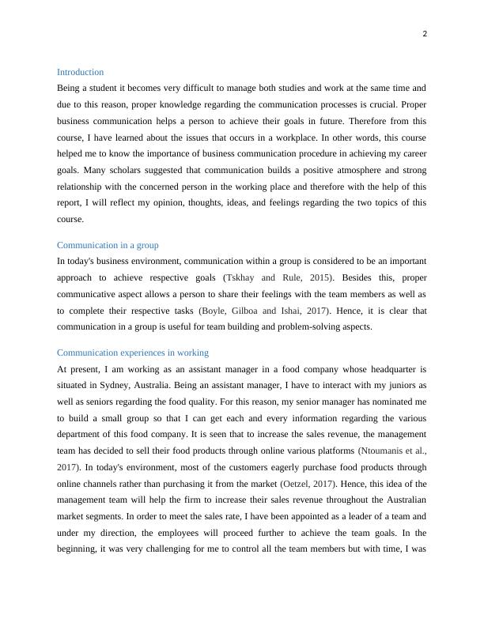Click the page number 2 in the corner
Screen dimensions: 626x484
point(424,34)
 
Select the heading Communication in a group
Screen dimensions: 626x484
point(108,245)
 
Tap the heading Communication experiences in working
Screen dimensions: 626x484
point(133,353)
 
